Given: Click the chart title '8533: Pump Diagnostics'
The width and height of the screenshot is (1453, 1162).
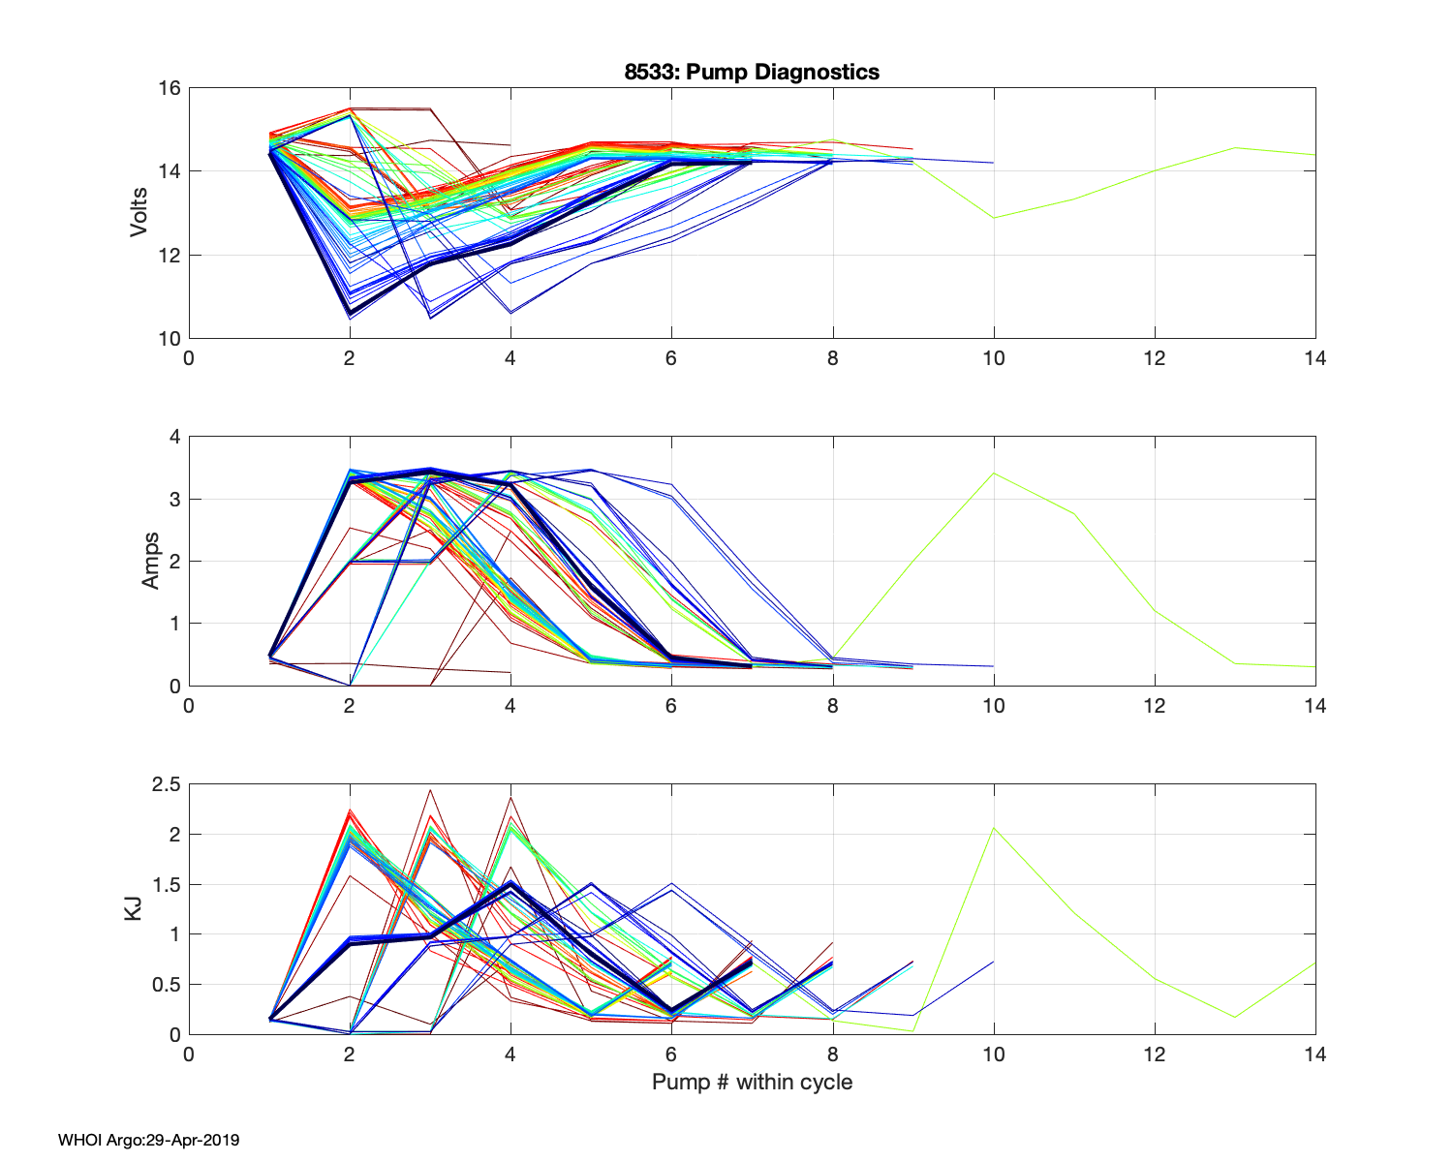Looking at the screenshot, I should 752,72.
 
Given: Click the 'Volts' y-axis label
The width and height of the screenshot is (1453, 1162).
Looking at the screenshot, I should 139,213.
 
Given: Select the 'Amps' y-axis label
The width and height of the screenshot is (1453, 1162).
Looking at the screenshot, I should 151,561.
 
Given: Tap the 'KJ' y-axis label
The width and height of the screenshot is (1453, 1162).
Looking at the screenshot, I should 134,908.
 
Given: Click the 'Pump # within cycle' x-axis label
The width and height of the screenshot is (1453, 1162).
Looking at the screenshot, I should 752,1082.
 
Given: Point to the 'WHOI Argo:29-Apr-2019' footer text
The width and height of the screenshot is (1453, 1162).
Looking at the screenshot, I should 148,1140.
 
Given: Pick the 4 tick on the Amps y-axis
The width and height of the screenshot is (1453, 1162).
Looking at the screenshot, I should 174,437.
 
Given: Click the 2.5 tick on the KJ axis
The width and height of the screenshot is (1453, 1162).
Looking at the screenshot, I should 166,784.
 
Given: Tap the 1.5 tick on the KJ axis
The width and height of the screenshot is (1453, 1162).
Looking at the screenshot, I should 166,884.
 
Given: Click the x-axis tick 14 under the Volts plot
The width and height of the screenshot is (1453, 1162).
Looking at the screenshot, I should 1314,358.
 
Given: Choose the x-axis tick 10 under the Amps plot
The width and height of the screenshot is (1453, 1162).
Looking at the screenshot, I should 993,706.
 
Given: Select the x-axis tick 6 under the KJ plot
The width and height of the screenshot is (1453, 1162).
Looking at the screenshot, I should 671,1054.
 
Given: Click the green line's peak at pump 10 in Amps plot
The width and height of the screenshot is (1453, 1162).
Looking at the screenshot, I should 994,474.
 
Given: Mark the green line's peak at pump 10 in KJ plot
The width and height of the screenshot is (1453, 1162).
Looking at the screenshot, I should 994,828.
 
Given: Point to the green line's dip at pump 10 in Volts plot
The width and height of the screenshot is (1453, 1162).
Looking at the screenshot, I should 994,218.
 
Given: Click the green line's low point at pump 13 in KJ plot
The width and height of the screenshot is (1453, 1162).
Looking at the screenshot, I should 1234,1017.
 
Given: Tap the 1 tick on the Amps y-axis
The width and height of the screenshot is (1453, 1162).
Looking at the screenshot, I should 174,624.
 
